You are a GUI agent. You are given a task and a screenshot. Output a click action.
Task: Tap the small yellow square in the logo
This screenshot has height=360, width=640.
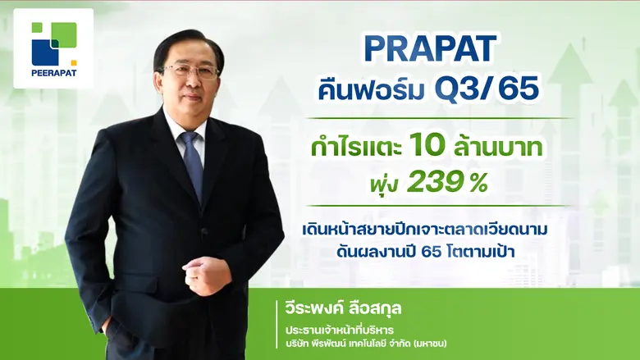click(73, 62)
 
